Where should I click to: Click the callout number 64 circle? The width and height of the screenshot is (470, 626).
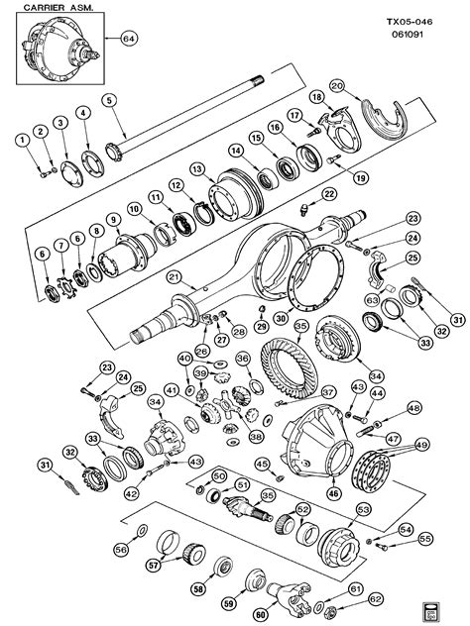click(x=128, y=39)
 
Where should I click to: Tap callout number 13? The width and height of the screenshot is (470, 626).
click(x=197, y=167)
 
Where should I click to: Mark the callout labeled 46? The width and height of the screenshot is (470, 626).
click(x=333, y=492)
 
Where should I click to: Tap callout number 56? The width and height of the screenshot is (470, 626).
click(x=122, y=548)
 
